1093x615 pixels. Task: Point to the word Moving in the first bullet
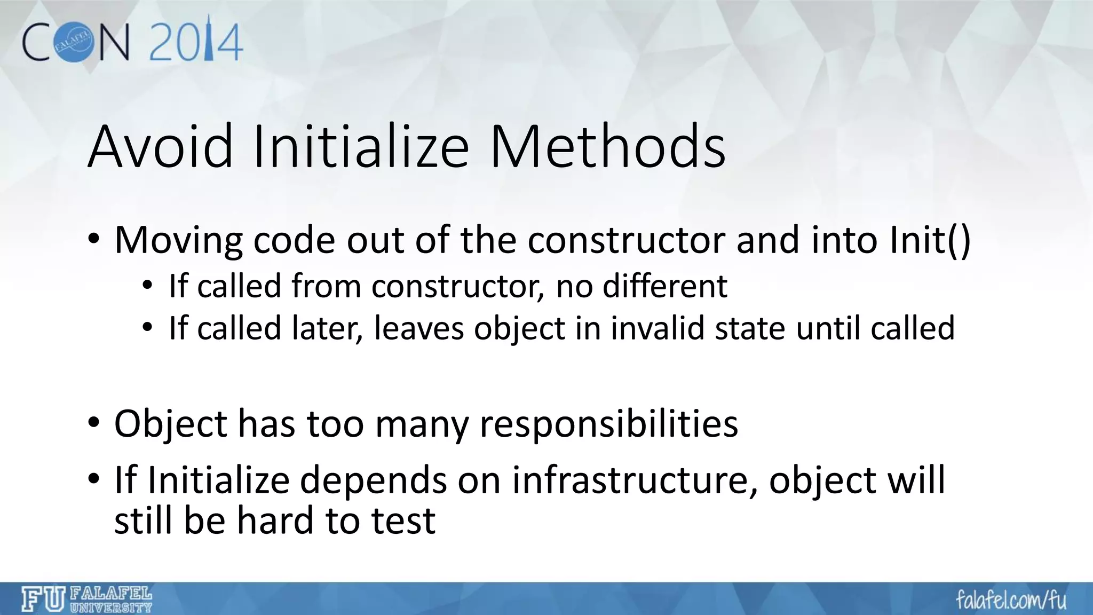click(x=178, y=240)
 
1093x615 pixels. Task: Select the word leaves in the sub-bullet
click(x=419, y=328)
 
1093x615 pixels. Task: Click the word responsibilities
click(x=608, y=424)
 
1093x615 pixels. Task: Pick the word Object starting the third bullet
click(x=171, y=424)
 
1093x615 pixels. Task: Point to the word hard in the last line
click(x=275, y=521)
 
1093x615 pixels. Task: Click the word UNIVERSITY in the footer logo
click(x=111, y=607)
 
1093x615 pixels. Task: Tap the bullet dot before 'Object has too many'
click(x=94, y=423)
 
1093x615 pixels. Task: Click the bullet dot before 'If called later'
click(x=147, y=327)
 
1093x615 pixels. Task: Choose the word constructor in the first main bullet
click(x=626, y=240)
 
